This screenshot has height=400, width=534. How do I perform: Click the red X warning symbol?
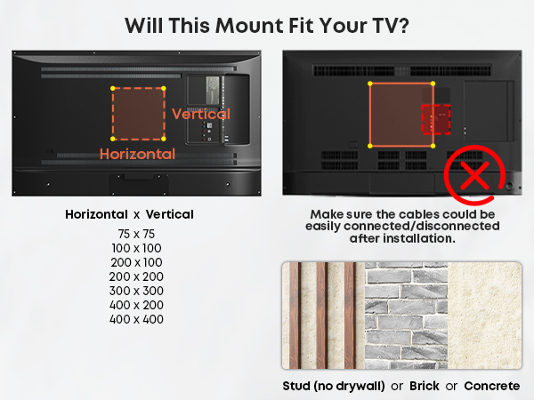[474, 176]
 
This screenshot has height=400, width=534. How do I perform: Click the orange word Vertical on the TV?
[201, 114]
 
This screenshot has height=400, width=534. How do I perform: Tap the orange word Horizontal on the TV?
[137, 154]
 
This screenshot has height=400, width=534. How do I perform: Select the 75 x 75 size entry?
[136, 234]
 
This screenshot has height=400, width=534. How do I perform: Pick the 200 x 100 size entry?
[136, 262]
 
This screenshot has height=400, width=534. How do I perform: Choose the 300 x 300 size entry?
[136, 291]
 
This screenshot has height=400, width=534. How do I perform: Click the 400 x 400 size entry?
[136, 319]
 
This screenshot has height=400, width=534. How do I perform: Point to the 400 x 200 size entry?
[136, 305]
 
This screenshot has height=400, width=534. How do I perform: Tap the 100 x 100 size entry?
[136, 248]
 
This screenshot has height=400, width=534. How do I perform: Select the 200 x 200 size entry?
[136, 276]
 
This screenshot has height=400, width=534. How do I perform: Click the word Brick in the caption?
[425, 386]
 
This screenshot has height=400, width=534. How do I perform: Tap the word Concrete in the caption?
[492, 386]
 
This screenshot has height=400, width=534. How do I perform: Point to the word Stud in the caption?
[296, 386]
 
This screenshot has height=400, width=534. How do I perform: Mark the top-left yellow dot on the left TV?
[113, 88]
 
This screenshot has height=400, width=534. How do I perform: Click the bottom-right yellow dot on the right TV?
[433, 147]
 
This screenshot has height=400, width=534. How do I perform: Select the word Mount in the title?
[249, 26]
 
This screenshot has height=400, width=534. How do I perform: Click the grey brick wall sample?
[407, 316]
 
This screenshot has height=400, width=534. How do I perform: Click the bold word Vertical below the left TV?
[170, 214]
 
